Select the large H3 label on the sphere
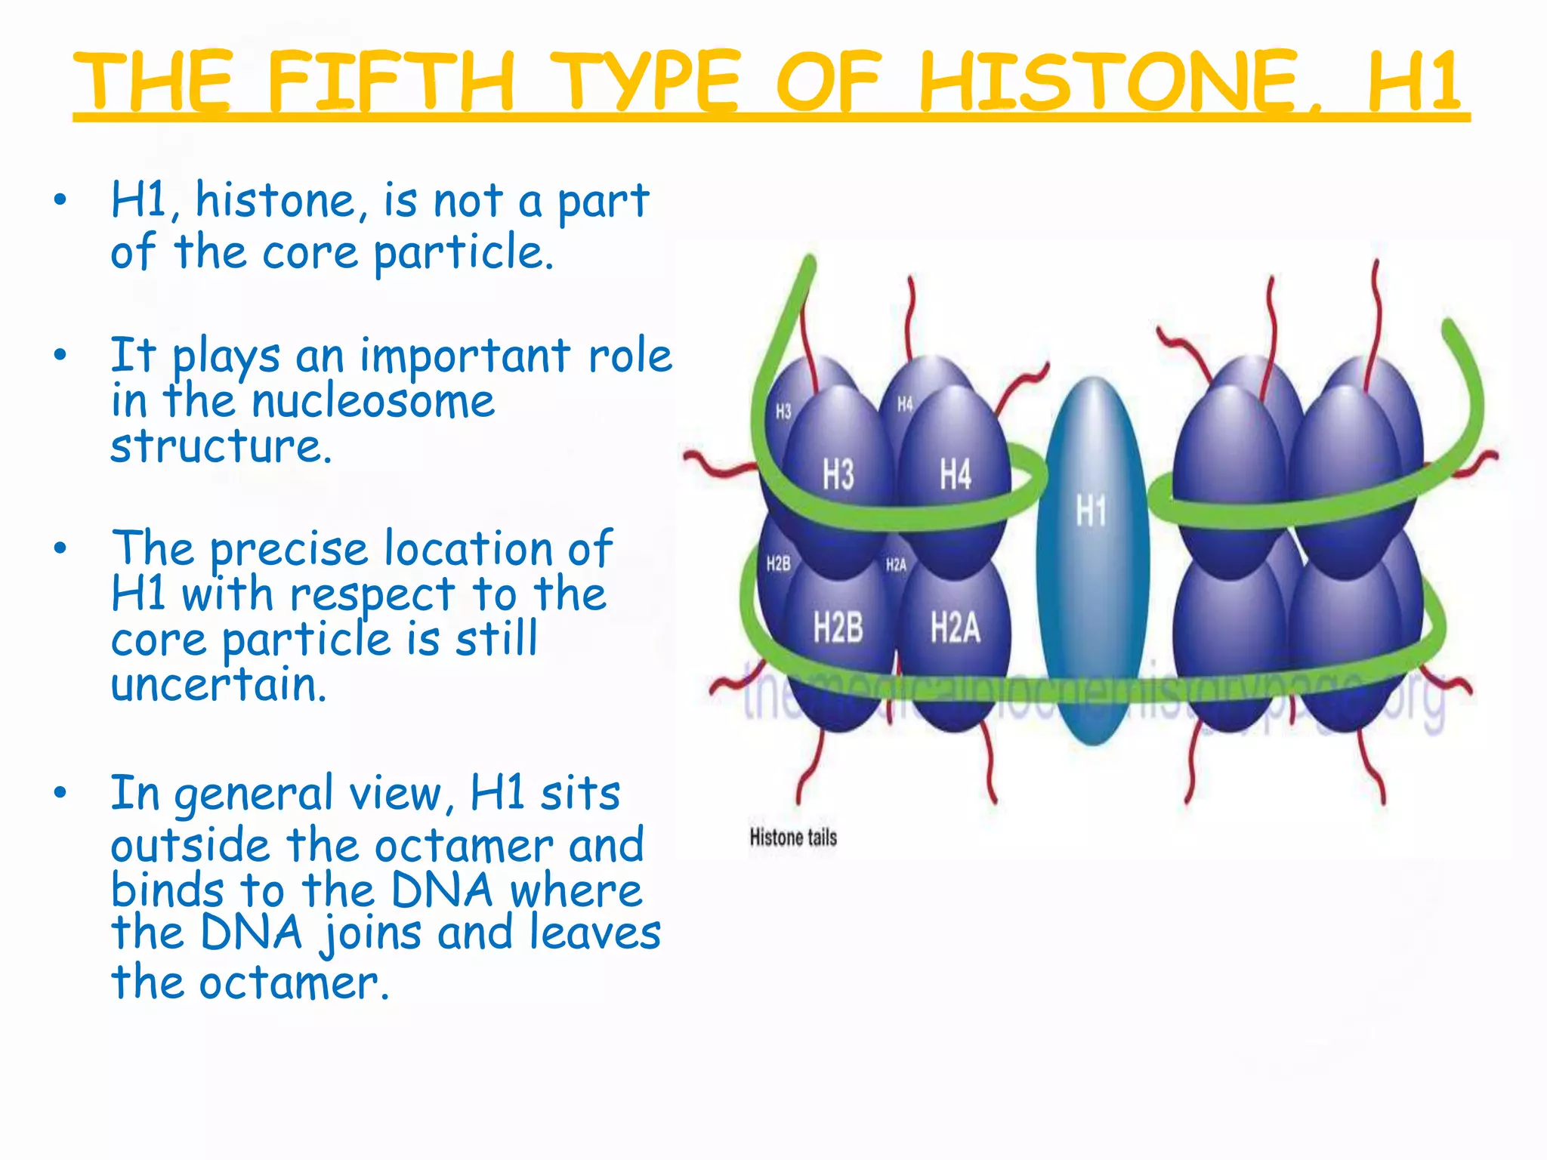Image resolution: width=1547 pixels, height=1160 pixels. [838, 475]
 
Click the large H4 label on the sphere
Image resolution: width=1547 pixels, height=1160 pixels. [955, 475]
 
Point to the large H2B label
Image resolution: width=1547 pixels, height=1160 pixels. [838, 627]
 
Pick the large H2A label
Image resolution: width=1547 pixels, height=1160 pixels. [955, 627]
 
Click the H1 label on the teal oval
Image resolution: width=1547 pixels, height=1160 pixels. [1091, 511]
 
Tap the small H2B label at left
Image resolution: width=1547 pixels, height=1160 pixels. [778, 563]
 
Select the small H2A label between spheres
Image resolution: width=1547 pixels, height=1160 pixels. [896, 564]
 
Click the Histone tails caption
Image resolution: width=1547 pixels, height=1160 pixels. [793, 837]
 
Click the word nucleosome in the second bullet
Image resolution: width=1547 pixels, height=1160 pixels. [373, 401]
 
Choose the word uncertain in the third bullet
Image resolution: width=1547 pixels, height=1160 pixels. [219, 684]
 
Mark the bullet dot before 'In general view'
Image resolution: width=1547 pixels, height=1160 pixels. [60, 793]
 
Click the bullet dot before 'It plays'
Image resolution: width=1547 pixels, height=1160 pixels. [60, 354]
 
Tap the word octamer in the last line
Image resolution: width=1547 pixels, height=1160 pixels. [295, 983]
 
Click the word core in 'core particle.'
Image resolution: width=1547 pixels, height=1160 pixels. [310, 251]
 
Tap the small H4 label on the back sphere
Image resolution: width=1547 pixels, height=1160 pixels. [905, 404]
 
